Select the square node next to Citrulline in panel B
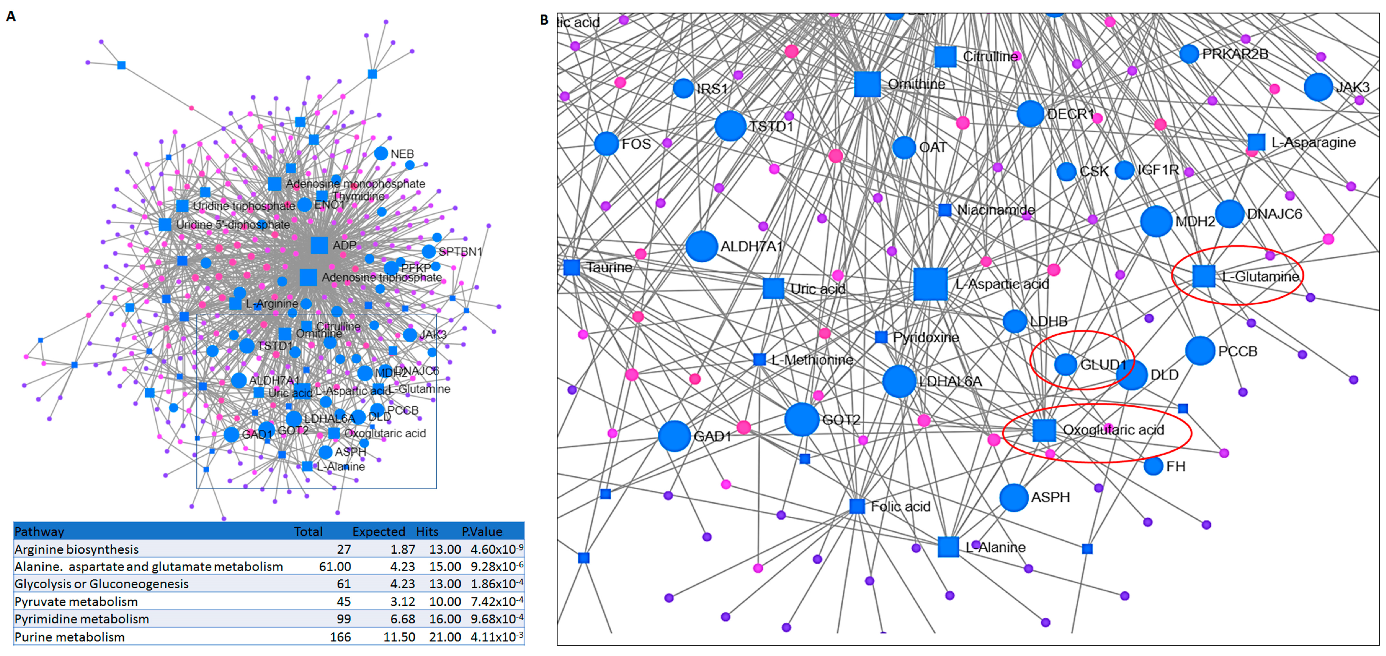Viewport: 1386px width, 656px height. pyautogui.click(x=945, y=56)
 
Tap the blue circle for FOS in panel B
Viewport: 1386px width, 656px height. pyautogui.click(x=606, y=144)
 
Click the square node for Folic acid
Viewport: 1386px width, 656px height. pyautogui.click(x=857, y=506)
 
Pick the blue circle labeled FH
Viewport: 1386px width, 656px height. pyautogui.click(x=1153, y=466)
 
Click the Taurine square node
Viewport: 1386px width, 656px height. pyautogui.click(x=571, y=267)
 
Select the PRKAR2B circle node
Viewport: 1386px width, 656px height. pyautogui.click(x=1189, y=54)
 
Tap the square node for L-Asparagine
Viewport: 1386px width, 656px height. pyautogui.click(x=1256, y=142)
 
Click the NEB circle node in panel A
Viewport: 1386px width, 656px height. pyautogui.click(x=381, y=153)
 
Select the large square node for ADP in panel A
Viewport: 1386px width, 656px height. pyautogui.click(x=319, y=245)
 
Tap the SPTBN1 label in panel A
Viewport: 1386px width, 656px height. pyautogui.click(x=460, y=251)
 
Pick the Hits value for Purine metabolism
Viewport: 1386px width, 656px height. pyautogui.click(x=444, y=637)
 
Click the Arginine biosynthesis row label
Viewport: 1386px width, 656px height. pyautogui.click(x=76, y=550)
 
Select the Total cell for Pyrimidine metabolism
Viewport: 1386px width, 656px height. pyautogui.click(x=343, y=619)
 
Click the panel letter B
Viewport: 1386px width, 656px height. pyautogui.click(x=544, y=20)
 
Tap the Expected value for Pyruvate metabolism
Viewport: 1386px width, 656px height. pyautogui.click(x=403, y=602)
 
